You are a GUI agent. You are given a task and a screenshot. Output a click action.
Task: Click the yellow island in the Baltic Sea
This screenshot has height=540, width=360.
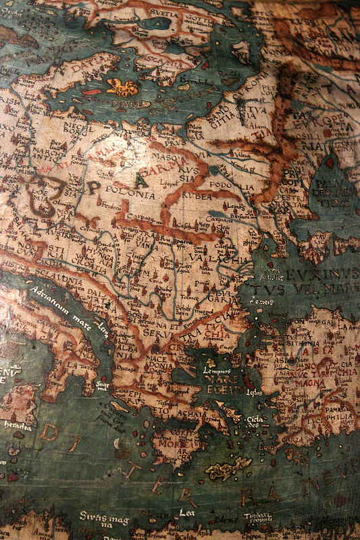click(x=122, y=87)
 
